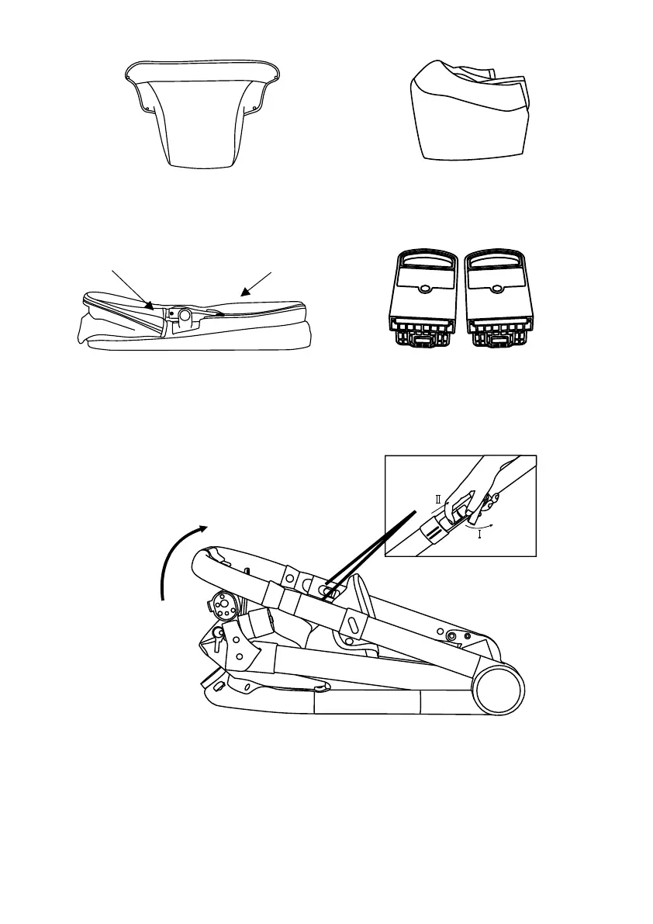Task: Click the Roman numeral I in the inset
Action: pos(481,534)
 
